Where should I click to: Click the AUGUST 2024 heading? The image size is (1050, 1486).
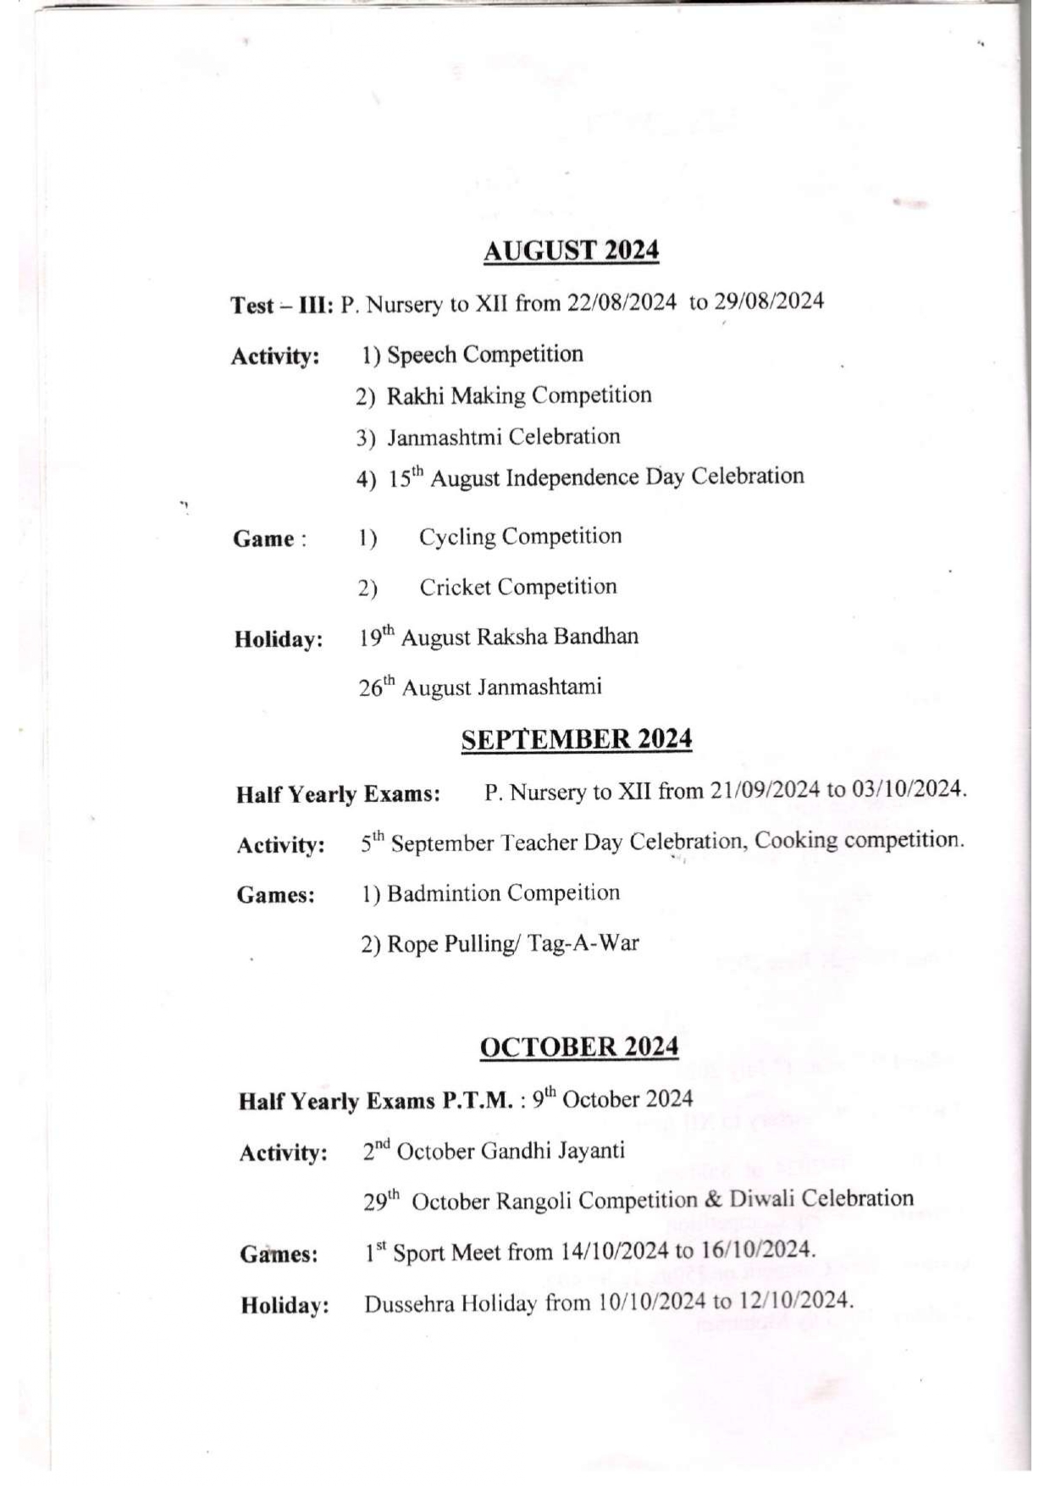pos(571,251)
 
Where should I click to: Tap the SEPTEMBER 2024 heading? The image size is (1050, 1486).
pos(577,739)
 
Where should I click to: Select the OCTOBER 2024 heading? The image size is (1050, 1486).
pos(579,1047)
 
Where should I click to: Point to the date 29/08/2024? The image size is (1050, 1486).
pos(769,301)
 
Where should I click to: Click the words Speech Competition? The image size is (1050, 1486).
pos(485,354)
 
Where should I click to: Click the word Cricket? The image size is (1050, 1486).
pos(453,587)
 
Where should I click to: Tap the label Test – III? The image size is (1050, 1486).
pos(283,305)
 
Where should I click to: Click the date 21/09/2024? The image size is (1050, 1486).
pos(765,790)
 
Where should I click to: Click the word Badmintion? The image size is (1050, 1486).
pos(444,893)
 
